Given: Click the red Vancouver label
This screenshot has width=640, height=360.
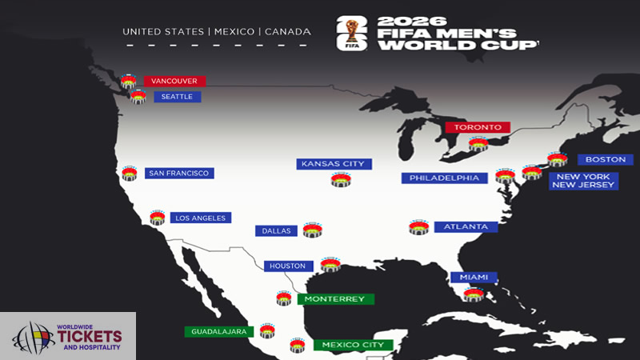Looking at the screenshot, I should click(x=174, y=81).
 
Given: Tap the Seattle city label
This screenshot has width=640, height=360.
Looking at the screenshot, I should click(x=177, y=97).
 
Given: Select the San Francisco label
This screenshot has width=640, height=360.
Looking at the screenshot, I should click(x=179, y=173).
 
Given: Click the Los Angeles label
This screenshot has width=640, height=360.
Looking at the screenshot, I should click(x=200, y=218).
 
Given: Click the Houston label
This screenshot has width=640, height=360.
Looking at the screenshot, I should click(x=287, y=266).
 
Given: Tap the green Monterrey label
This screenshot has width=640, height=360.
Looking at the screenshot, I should click(x=335, y=299).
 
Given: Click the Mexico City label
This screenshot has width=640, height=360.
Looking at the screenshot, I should click(x=353, y=345).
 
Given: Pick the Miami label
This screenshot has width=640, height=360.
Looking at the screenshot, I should click(x=474, y=278).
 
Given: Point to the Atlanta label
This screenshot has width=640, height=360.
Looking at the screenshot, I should click(x=466, y=226).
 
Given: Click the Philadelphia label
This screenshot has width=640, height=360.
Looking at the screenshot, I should click(x=444, y=178).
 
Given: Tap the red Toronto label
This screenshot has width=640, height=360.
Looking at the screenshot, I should click(x=478, y=127).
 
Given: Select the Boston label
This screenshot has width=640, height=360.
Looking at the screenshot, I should click(x=605, y=159).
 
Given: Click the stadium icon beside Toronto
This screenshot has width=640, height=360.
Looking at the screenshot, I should click(x=478, y=144).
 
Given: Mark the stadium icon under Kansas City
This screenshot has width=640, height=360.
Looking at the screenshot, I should click(x=341, y=180).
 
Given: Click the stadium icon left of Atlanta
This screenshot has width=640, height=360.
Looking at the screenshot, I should click(x=418, y=227).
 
